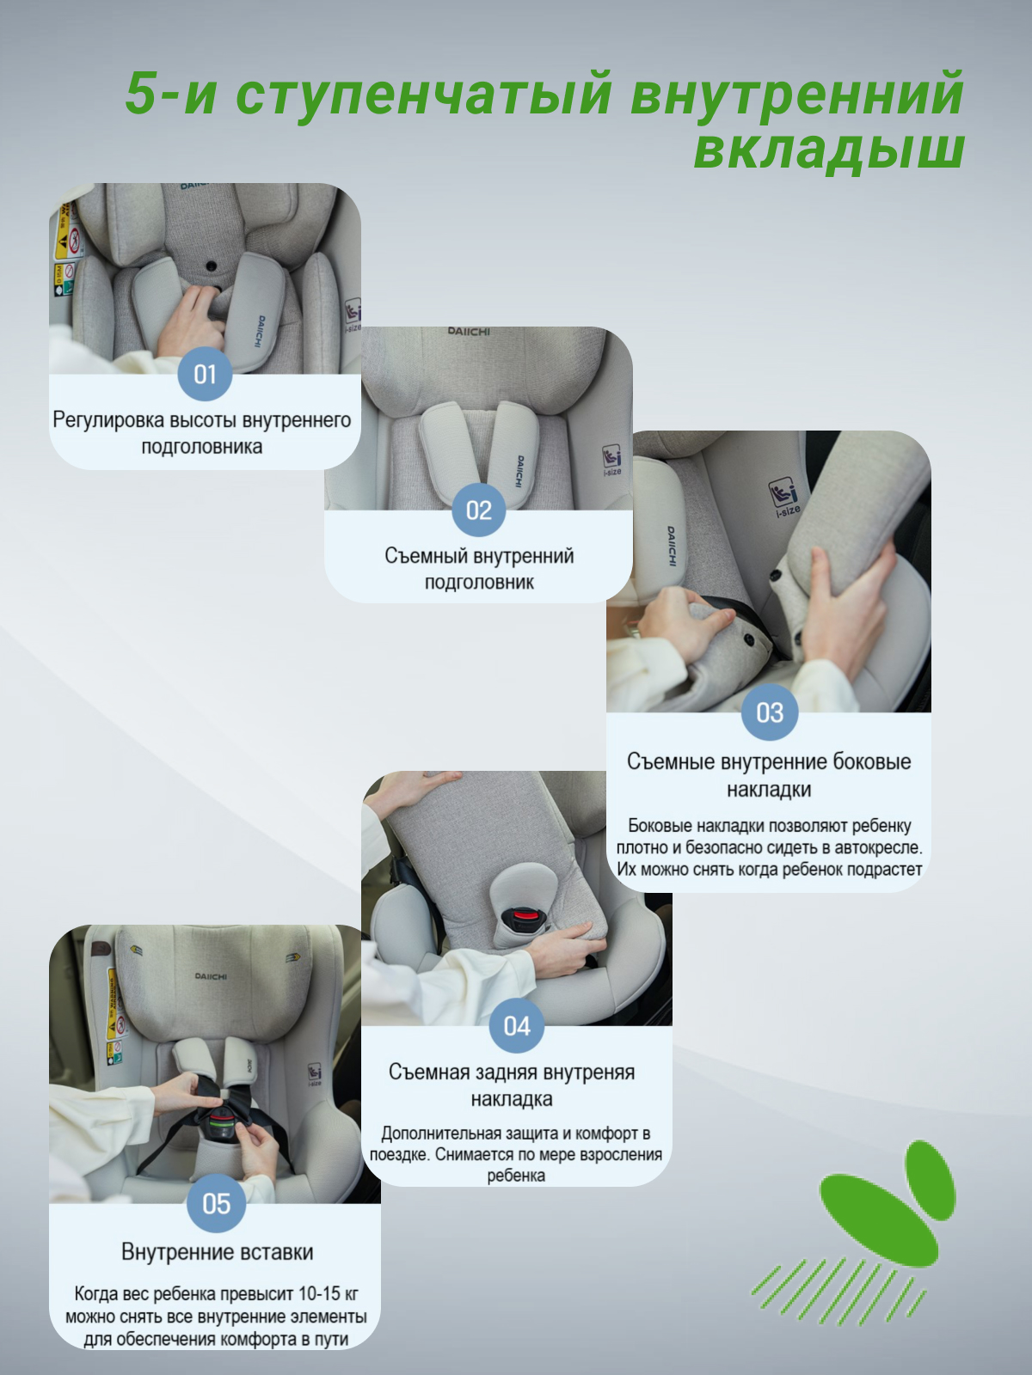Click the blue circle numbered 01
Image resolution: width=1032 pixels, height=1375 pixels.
click(x=205, y=374)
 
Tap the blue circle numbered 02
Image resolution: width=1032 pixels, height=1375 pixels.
click(x=479, y=510)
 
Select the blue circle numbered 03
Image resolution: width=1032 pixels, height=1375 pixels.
click(x=770, y=712)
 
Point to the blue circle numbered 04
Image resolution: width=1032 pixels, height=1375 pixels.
click(x=517, y=1026)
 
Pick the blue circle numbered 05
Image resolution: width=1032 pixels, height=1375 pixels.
click(x=216, y=1203)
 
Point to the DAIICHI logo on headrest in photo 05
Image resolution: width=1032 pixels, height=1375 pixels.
click(x=211, y=976)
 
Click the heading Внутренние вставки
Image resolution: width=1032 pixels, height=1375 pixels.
click(x=217, y=1252)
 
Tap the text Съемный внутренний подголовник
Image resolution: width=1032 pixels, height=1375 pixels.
click(x=479, y=569)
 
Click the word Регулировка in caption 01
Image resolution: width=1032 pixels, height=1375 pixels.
click(x=108, y=420)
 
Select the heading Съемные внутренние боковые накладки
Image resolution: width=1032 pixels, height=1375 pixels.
click(x=769, y=775)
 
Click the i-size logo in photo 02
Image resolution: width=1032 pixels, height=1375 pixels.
click(x=611, y=459)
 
